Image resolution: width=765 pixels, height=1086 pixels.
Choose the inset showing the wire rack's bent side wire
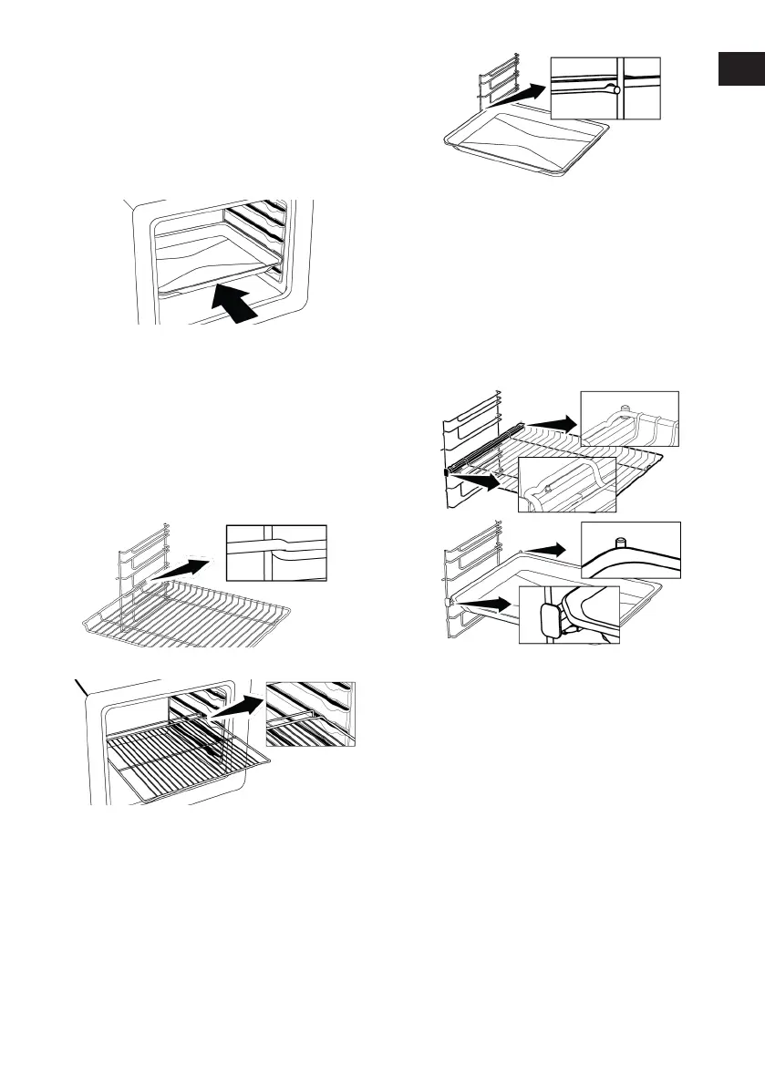coord(276,552)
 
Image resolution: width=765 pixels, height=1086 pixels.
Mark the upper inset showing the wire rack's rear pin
coord(630,419)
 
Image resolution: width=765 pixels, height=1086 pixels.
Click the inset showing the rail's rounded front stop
coord(569,615)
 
